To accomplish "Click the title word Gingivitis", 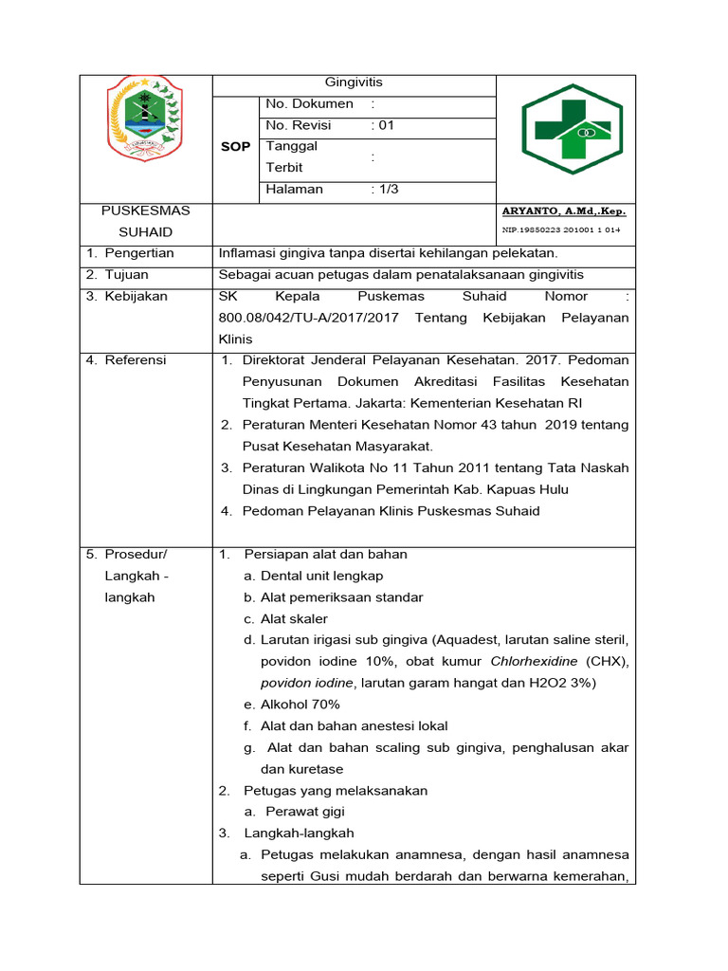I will click(x=354, y=82).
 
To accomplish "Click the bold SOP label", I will click(x=235, y=147).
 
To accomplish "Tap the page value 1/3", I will click(x=385, y=189).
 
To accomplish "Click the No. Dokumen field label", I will click(x=310, y=103).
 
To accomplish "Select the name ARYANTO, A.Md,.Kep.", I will click(x=564, y=211).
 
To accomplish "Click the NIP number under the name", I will click(x=561, y=230).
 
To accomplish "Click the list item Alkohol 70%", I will click(x=300, y=705).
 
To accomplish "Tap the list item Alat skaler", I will click(x=294, y=618).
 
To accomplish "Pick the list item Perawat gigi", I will click(x=305, y=812).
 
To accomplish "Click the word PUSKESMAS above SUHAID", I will click(x=146, y=211).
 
